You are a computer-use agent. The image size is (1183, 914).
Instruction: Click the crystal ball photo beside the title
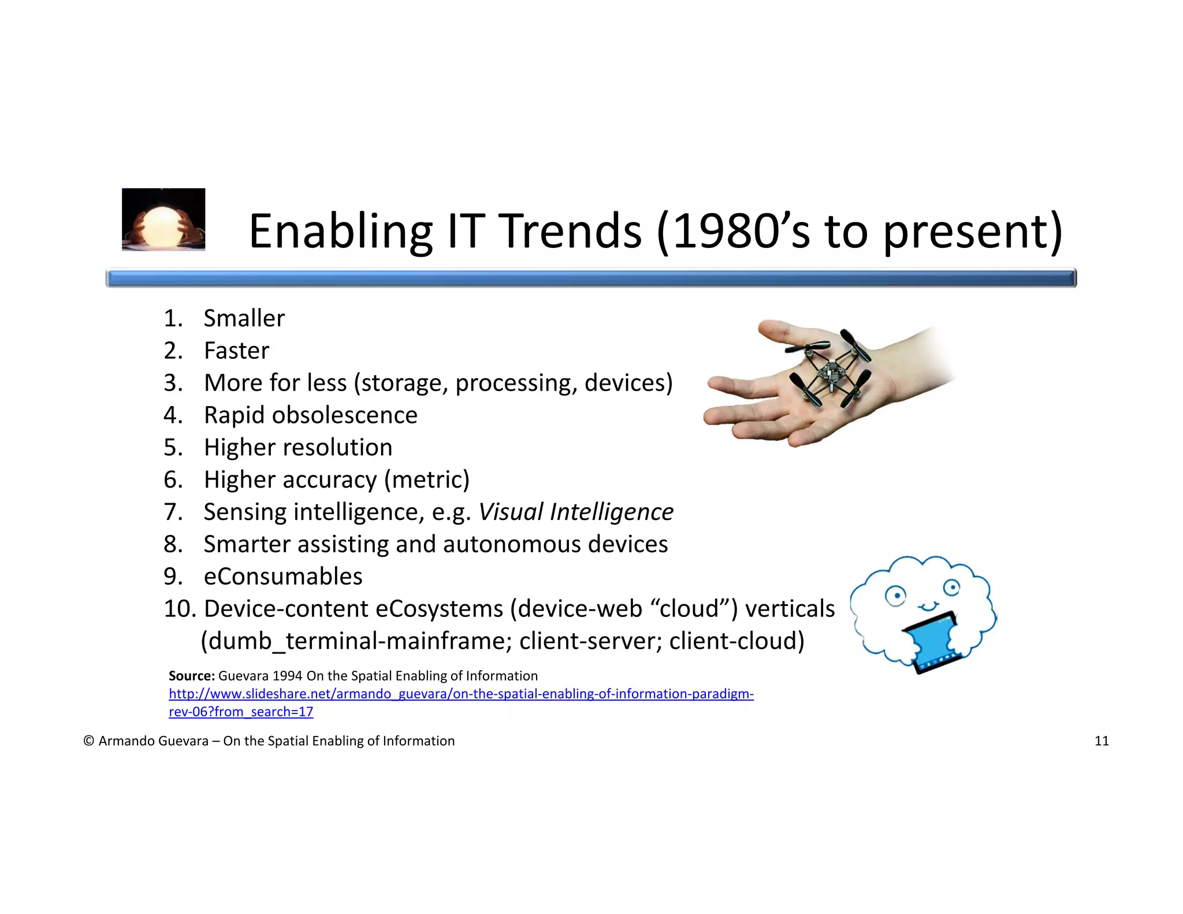coord(163,220)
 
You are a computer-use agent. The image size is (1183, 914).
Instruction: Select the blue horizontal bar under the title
coord(590,278)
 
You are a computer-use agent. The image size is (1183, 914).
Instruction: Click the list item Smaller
coord(244,318)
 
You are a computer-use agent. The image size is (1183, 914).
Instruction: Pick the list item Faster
coord(236,351)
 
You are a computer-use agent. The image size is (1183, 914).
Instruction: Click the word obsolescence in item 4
coord(344,415)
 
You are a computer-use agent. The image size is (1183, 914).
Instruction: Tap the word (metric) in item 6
coord(427,480)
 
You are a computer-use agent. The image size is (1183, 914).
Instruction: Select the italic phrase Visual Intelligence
coord(576,512)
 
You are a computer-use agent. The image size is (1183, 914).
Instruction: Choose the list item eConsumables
coord(283,577)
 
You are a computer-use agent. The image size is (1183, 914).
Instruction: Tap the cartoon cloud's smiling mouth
coord(928,606)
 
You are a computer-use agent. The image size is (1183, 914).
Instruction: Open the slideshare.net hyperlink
coord(460,694)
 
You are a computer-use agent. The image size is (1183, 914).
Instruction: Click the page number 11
coord(1101,741)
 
